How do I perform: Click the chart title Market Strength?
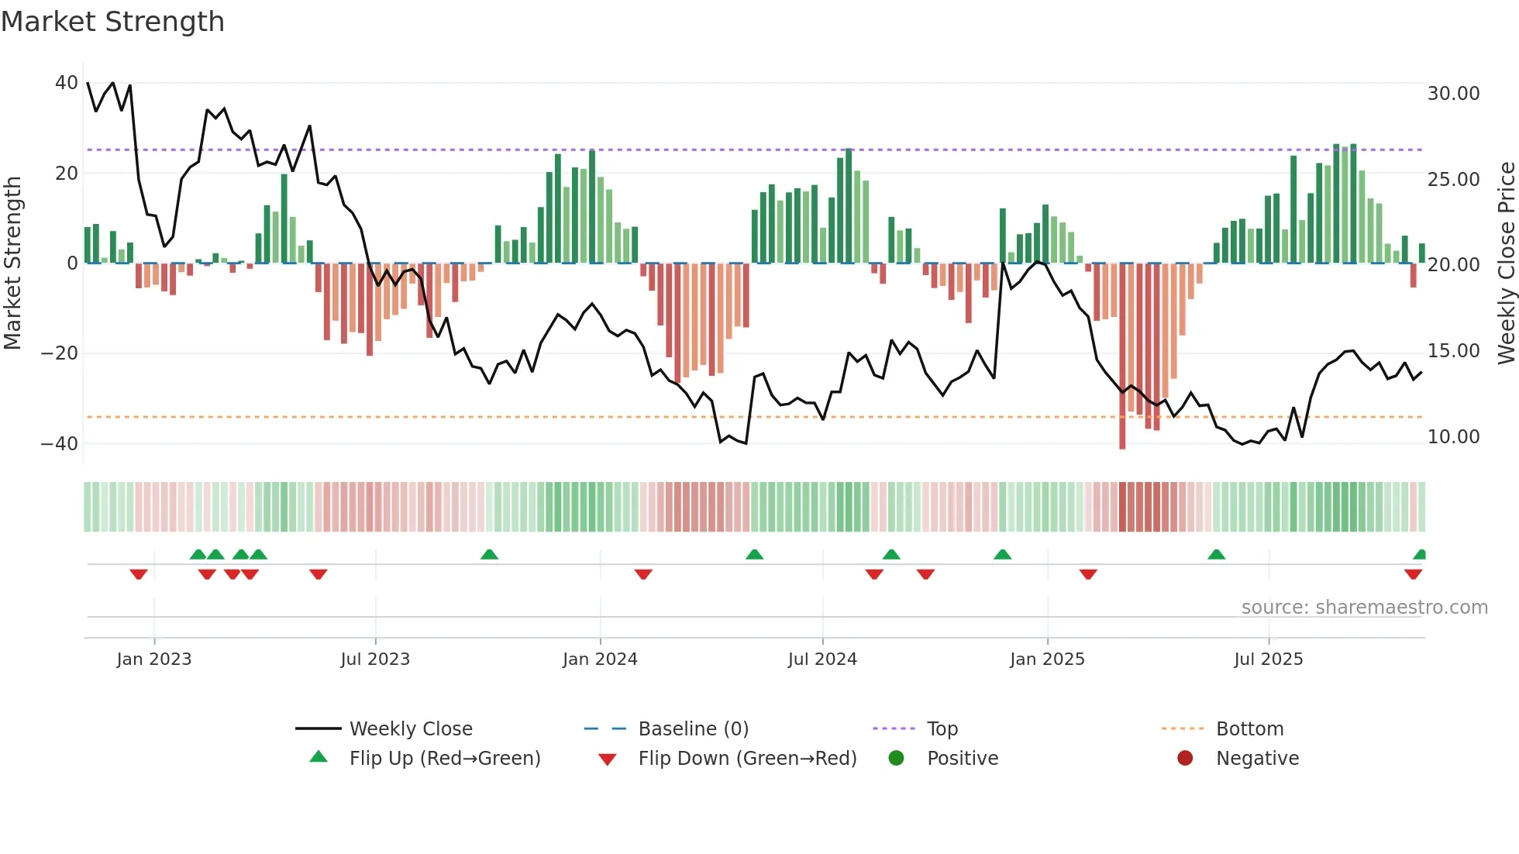(112, 22)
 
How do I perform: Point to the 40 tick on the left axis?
(67, 83)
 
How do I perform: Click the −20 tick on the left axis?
(60, 353)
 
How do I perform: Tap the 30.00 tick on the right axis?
(1453, 94)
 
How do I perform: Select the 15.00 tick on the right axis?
(1453, 351)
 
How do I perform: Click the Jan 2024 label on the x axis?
(600, 659)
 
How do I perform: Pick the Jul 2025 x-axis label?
(1268, 659)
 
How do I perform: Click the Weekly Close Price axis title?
(1506, 263)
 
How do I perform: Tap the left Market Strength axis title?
(13, 263)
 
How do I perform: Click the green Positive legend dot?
(896, 759)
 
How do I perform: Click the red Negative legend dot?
(1185, 759)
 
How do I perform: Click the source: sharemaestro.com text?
(1364, 608)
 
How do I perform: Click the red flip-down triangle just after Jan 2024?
(643, 574)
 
